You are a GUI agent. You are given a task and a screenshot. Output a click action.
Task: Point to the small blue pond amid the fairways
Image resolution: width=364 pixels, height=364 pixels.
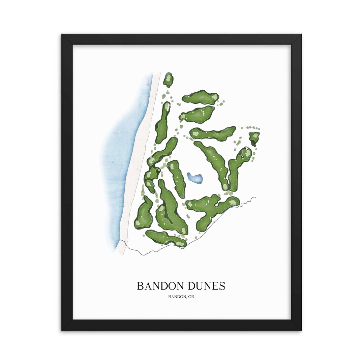tap(195, 178)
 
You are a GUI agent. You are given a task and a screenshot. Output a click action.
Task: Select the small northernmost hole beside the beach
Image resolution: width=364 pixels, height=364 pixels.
tap(168, 80)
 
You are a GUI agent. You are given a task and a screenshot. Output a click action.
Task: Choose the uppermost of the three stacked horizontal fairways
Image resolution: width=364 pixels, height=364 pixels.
tap(201, 97)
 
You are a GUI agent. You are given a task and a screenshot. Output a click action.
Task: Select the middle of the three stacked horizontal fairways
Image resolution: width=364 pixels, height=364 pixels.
tap(198, 115)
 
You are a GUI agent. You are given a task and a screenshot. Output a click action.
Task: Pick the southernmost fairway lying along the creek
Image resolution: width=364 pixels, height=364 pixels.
tap(166, 238)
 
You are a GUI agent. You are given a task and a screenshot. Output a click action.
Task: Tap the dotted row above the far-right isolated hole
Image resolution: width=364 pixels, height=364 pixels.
tap(251, 128)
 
